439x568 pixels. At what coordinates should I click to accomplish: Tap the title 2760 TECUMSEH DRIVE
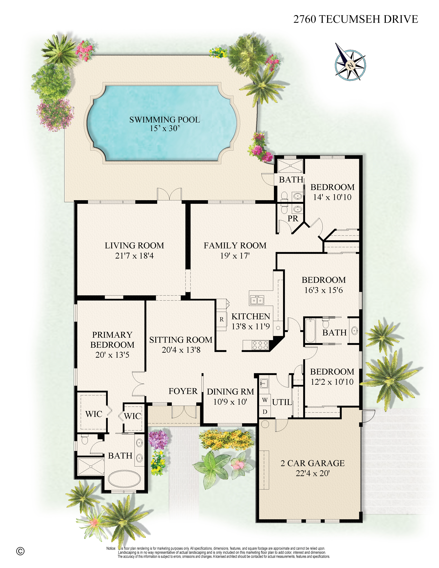(356, 19)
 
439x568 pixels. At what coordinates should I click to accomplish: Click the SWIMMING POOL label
(165, 120)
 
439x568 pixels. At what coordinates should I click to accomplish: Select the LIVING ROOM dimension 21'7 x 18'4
(134, 256)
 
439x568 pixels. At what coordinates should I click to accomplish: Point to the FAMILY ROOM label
(235, 245)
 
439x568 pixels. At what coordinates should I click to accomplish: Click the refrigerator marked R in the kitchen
(221, 319)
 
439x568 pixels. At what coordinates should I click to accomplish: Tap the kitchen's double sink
(257, 300)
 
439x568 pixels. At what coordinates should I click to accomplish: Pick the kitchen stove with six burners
(260, 345)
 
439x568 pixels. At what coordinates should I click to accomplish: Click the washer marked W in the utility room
(265, 400)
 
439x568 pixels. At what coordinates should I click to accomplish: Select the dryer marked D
(265, 412)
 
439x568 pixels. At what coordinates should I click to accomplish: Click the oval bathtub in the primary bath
(124, 479)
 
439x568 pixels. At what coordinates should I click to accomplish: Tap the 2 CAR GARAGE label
(312, 463)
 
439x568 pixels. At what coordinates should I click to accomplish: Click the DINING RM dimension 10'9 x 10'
(230, 402)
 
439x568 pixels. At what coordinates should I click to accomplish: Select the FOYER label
(183, 391)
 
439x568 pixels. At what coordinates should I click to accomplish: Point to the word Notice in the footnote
(111, 548)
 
